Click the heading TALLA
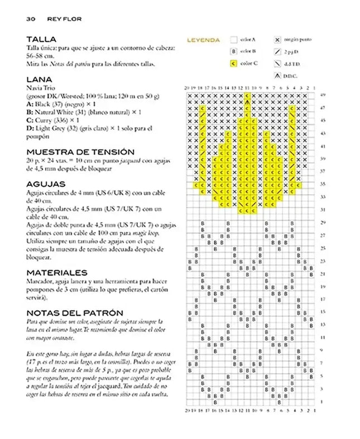click(x=42, y=40)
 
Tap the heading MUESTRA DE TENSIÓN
click(x=80, y=152)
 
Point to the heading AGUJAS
click(x=46, y=184)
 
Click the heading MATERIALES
click(x=57, y=272)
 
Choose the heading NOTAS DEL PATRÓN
click(x=75, y=313)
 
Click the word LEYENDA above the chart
click(x=203, y=40)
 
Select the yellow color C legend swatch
click(x=233, y=63)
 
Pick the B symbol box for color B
click(x=233, y=51)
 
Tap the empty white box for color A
click(x=233, y=40)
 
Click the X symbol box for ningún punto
click(x=277, y=40)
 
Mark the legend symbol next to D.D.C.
click(x=277, y=75)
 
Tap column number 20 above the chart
click(x=187, y=88)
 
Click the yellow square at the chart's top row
click(x=247, y=96)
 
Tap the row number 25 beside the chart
click(x=323, y=248)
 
